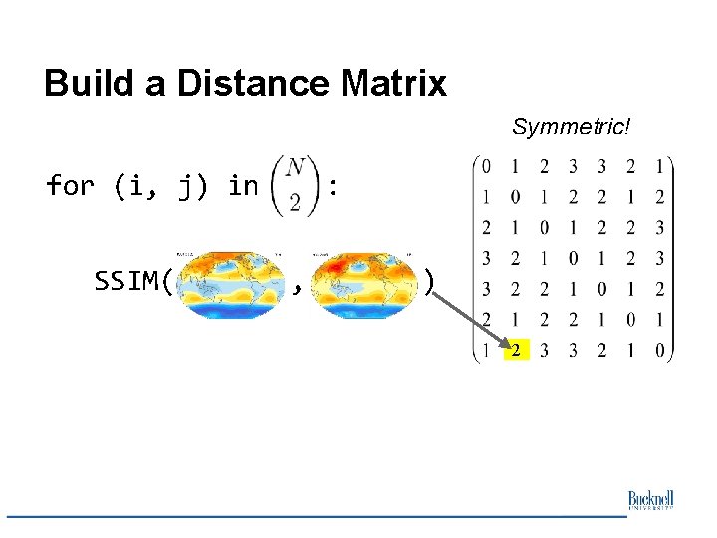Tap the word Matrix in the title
click(x=389, y=83)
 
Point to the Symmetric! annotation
click(x=572, y=127)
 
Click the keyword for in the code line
click(x=71, y=185)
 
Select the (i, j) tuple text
click(x=162, y=185)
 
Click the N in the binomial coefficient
click(x=295, y=170)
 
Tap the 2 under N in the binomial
click(x=295, y=201)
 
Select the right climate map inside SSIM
click(x=362, y=285)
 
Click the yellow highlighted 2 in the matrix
click(x=516, y=350)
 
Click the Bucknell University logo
click(x=650, y=500)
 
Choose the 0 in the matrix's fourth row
click(x=574, y=258)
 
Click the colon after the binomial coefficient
click(x=333, y=185)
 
